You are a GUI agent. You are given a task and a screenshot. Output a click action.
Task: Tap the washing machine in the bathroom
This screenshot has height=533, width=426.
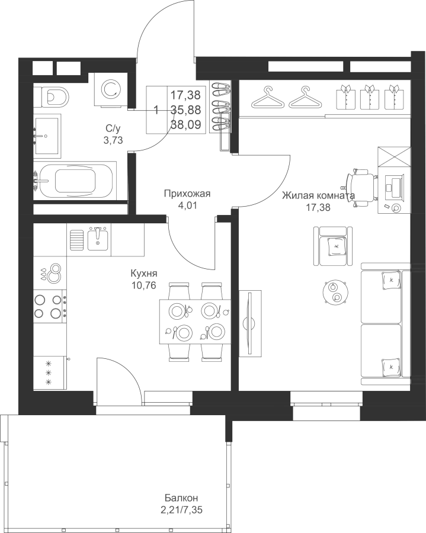[x=111, y=89]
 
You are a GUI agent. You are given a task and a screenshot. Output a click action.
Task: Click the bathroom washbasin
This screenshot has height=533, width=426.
[x=47, y=136]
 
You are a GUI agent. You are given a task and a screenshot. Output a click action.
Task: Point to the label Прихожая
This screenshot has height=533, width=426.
[x=187, y=194]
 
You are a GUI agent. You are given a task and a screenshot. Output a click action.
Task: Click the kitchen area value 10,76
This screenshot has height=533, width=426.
[x=144, y=285]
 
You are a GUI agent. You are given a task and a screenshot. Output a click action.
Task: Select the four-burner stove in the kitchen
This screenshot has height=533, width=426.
[x=50, y=306]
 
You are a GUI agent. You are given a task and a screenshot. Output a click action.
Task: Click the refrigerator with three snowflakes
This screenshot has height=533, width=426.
[x=50, y=373]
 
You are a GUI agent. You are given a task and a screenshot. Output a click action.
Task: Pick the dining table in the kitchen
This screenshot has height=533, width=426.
[x=195, y=322]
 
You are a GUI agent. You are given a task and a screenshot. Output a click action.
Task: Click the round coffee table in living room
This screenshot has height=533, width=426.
[x=334, y=292]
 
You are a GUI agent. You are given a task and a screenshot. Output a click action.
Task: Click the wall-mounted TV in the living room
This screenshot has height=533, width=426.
[x=250, y=323]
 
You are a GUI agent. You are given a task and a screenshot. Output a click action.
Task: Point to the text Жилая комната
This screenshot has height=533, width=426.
[x=319, y=196]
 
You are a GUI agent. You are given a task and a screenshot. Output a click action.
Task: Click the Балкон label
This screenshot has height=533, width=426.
[x=181, y=498]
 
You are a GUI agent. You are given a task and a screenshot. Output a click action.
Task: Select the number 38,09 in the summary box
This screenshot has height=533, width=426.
[x=185, y=125]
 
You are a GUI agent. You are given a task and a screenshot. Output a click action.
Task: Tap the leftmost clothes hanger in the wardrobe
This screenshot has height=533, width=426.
[x=268, y=97]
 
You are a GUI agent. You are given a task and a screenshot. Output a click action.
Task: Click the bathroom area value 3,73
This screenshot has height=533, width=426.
[x=113, y=140]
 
